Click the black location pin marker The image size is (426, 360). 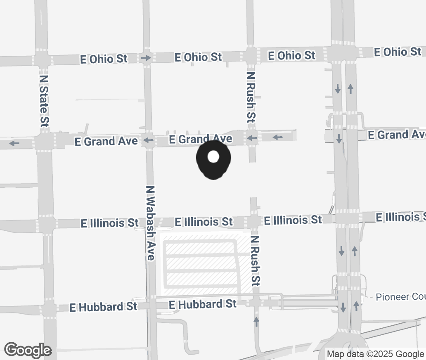(213, 160)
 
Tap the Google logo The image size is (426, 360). (28, 350)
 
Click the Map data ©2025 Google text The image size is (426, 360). (375, 354)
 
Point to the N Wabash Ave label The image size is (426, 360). (150, 223)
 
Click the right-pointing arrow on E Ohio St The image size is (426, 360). (146, 58)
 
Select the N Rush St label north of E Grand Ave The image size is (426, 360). (251, 97)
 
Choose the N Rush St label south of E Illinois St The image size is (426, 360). (256, 261)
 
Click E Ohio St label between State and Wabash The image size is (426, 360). (104, 59)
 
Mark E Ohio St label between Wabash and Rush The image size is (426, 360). (198, 57)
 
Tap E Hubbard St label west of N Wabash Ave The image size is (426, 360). (103, 307)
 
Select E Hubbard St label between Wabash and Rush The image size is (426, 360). (203, 304)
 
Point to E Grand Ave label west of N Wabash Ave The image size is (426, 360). (106, 141)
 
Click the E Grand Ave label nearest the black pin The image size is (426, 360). (201, 139)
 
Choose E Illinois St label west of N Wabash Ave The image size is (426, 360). (110, 223)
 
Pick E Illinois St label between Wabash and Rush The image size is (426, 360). (204, 222)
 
